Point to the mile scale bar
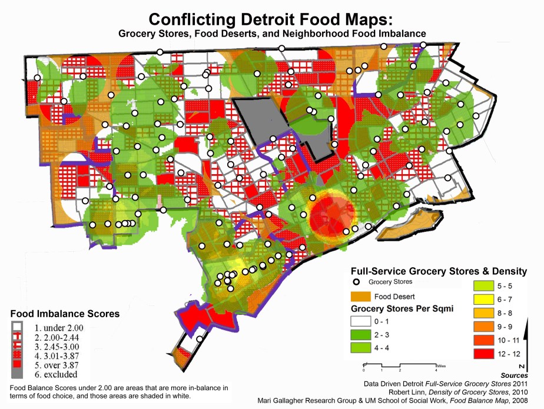coord(400,365)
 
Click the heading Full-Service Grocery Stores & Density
coord(438,271)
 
